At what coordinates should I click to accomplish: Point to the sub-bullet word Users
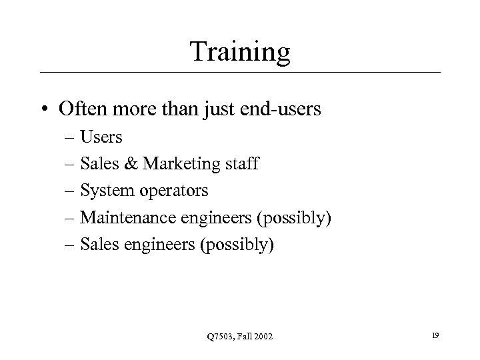(x=101, y=137)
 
